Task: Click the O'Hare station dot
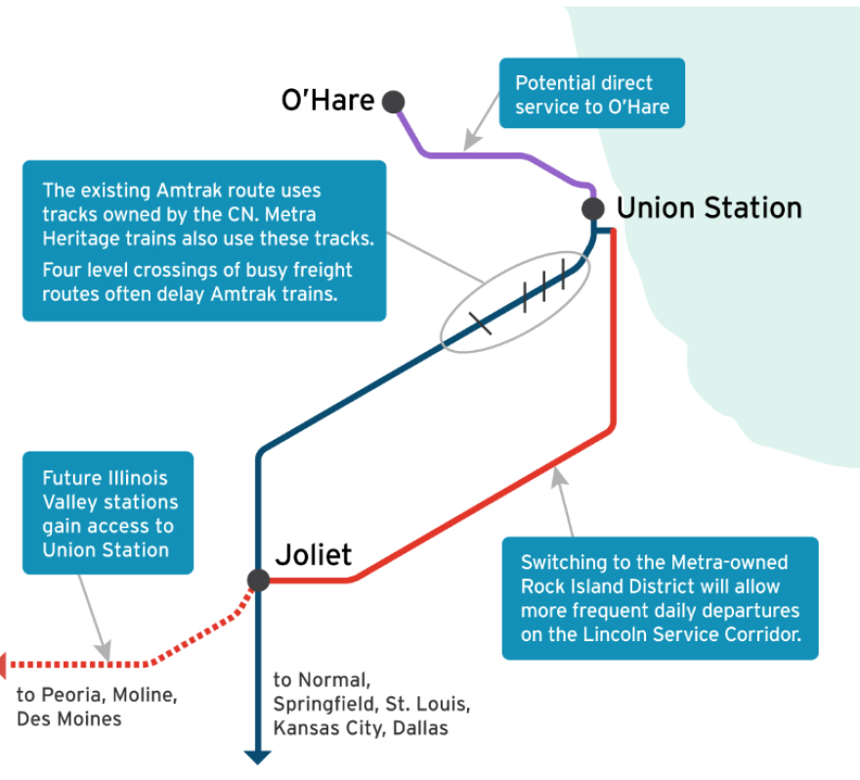tap(393, 101)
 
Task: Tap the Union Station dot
tap(592, 208)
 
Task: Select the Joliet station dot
tap(258, 581)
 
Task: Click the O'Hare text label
tap(327, 101)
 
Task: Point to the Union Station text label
tap(709, 208)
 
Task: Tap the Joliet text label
tap(313, 555)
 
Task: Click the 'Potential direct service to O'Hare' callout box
tap(591, 94)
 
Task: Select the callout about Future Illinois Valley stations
tap(107, 513)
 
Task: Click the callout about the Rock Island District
tap(660, 598)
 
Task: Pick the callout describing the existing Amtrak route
tap(204, 240)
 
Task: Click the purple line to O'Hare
tap(489, 153)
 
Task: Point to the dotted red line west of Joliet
tap(117, 664)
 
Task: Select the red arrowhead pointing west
tap(5, 665)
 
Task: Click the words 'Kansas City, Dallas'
tap(360, 728)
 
